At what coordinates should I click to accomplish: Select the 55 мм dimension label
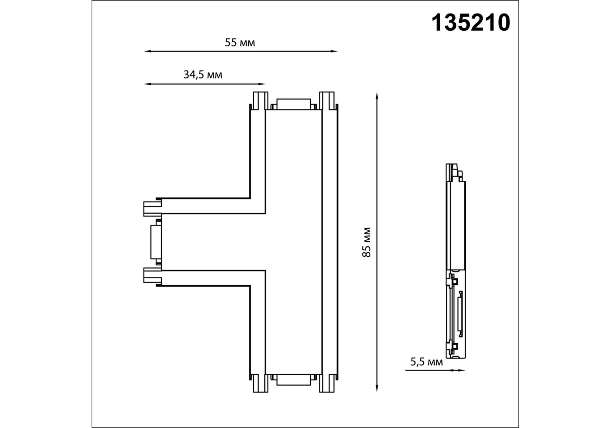[240, 42]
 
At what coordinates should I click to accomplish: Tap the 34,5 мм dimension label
[203, 75]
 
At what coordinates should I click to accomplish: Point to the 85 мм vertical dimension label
[367, 242]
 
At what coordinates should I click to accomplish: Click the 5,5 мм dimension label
[426, 362]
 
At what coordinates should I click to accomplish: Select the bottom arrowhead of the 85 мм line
[377, 388]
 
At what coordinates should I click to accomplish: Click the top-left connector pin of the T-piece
[260, 101]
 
